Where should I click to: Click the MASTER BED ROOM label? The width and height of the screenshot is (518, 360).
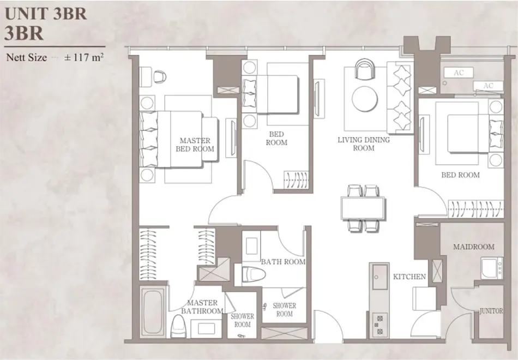point(195,145)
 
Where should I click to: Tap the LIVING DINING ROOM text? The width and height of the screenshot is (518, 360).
point(363,144)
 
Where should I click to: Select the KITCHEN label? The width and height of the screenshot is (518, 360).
point(409,277)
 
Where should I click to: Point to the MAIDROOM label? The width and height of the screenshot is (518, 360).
point(474,247)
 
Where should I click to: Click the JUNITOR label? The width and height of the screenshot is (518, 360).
point(491,311)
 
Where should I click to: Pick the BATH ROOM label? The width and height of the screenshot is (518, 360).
point(283,262)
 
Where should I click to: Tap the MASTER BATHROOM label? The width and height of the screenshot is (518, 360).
point(202,307)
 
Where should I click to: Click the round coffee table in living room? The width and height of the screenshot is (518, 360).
point(365,99)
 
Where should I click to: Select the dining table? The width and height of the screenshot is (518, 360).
point(363,208)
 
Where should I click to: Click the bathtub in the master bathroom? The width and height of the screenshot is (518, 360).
point(153,312)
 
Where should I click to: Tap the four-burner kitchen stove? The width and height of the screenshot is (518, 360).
point(380,325)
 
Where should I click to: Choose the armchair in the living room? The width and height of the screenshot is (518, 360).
point(365,69)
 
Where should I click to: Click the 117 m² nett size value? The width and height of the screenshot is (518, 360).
point(84,57)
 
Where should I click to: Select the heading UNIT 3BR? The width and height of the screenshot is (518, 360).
point(46,14)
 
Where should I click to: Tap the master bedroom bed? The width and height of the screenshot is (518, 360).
point(178,139)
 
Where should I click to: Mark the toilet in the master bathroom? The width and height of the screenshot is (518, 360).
point(179,326)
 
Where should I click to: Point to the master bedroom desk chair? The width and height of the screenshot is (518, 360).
point(160,76)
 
